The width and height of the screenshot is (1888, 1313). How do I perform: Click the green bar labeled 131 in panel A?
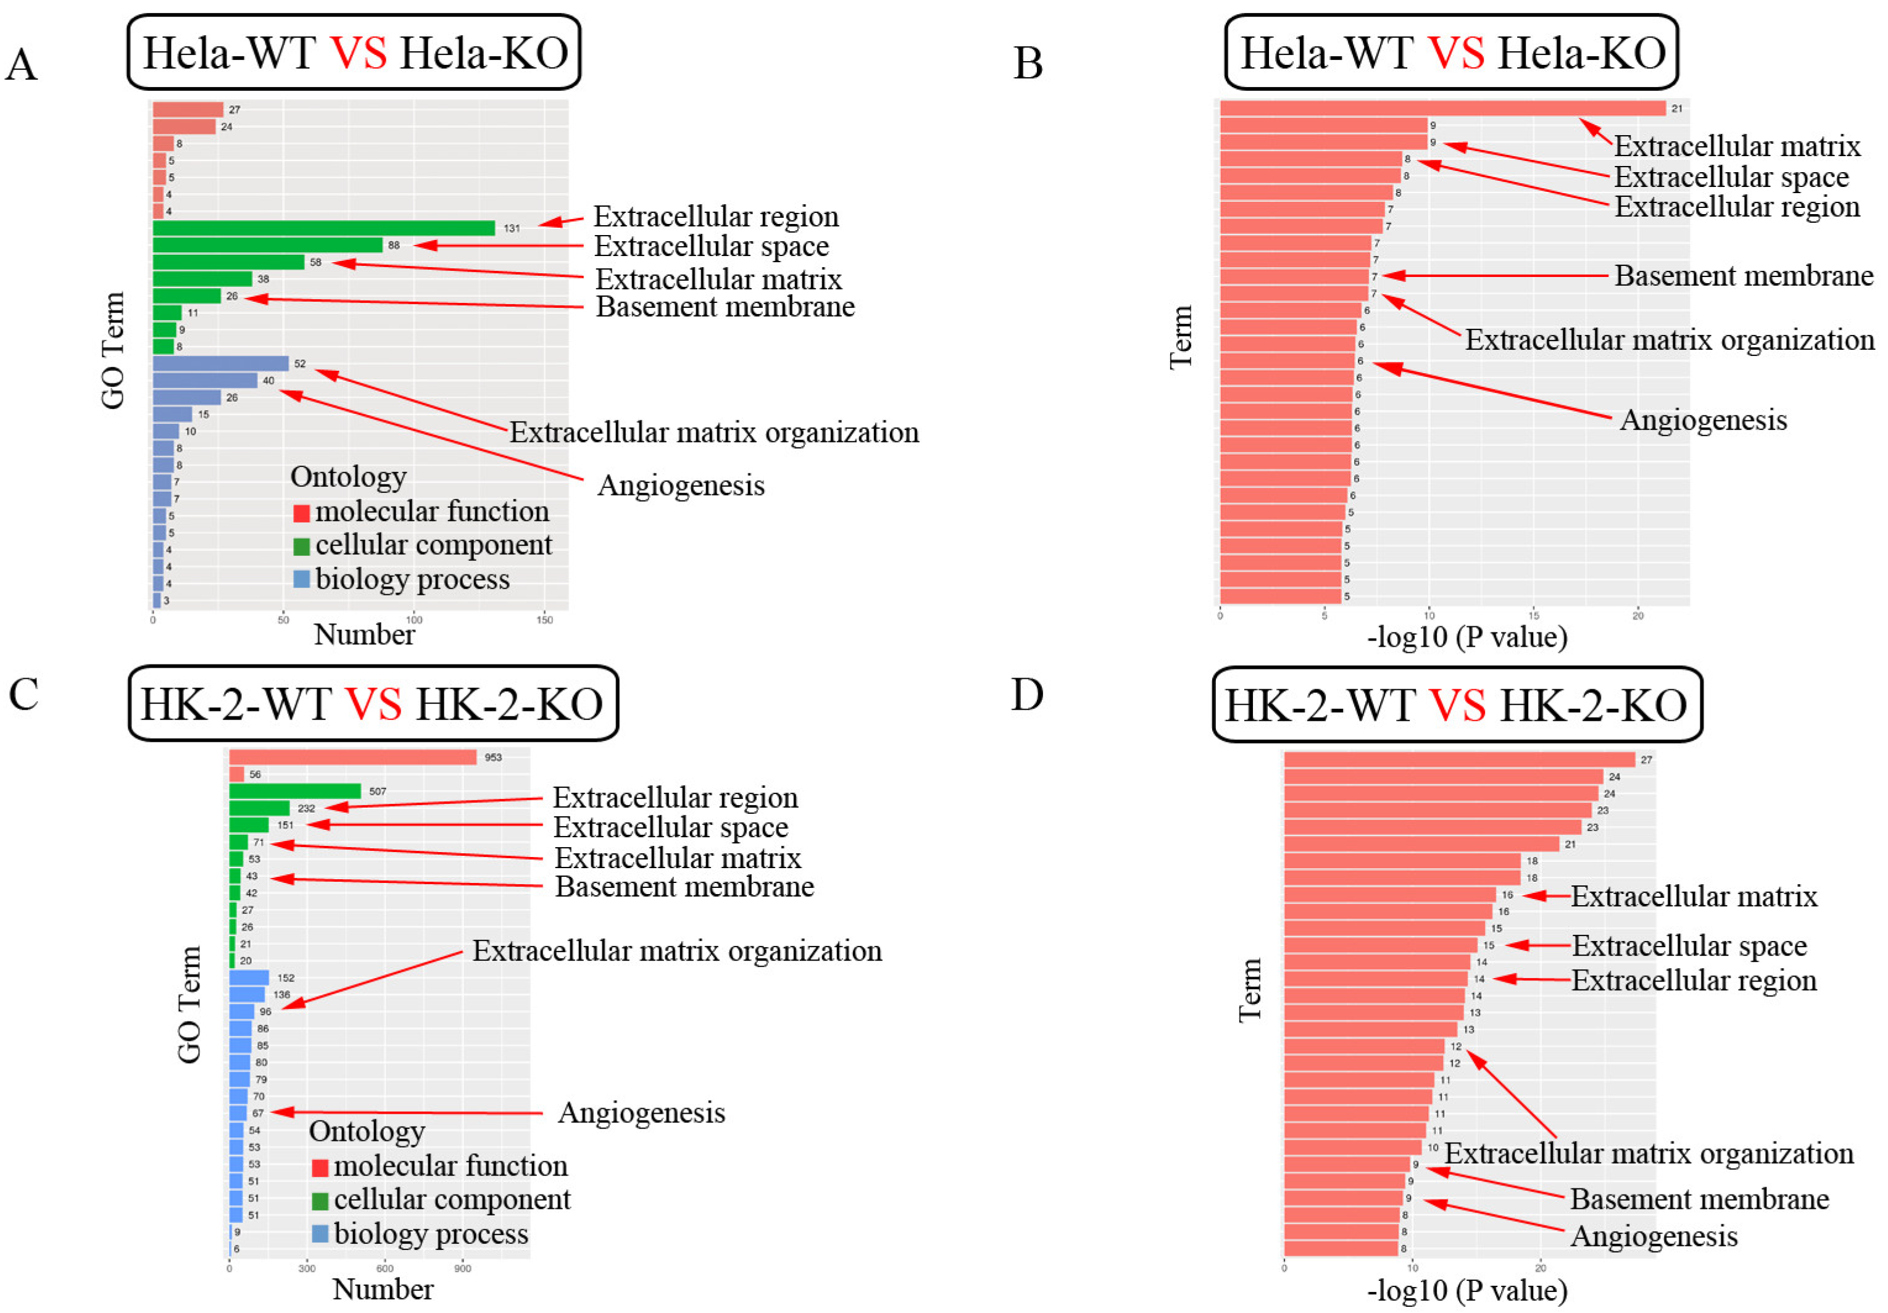point(323,228)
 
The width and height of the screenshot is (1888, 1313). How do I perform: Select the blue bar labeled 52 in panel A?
point(220,363)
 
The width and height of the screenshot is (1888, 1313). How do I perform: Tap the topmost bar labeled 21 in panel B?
point(1442,109)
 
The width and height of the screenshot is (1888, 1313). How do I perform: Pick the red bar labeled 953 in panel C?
point(352,757)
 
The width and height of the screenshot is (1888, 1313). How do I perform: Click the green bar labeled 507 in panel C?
point(294,791)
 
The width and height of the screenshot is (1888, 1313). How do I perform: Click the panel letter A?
point(22,64)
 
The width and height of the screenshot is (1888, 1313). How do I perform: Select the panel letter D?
point(1026,695)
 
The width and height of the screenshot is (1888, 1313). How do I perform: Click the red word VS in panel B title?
point(1455,54)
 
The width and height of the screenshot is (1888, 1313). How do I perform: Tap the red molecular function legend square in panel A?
point(302,513)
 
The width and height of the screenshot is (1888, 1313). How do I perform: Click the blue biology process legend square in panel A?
point(302,579)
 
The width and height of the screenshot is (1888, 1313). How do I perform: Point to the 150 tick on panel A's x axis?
point(544,620)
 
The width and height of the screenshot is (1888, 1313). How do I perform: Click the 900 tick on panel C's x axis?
point(463,1269)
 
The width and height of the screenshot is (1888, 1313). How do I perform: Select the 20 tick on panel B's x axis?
point(1637,616)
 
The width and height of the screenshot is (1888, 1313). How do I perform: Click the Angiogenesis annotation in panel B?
point(1702,420)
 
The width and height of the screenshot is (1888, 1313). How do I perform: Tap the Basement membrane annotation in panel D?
point(1699,1199)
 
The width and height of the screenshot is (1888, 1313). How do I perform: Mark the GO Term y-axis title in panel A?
point(113,350)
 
